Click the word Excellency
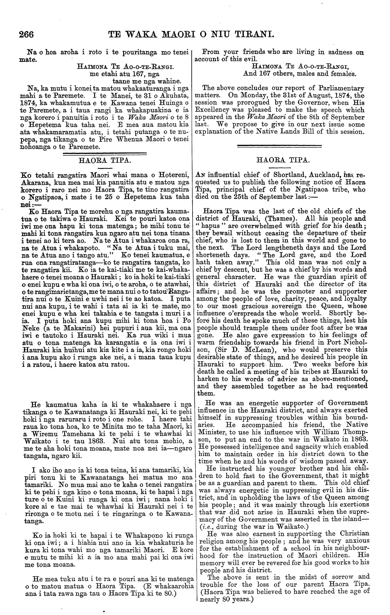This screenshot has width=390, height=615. click(x=214, y=110)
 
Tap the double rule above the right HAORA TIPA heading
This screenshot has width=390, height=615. click(x=279, y=147)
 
